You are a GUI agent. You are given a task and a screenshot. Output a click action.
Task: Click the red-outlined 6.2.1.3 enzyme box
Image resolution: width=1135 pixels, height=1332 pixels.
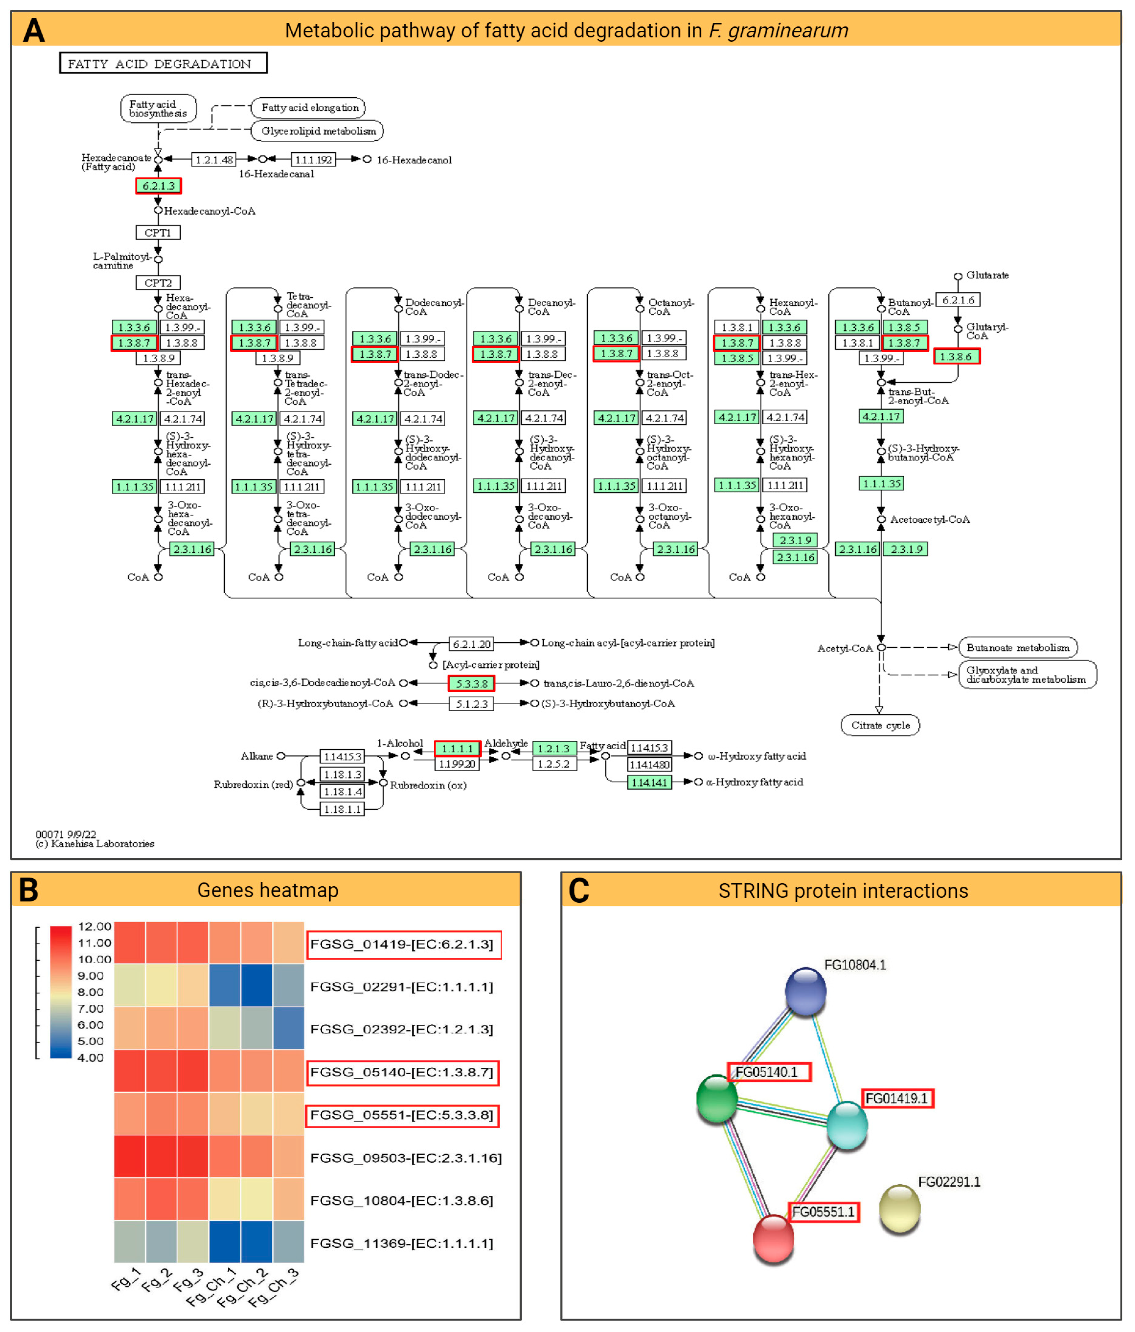coord(158,186)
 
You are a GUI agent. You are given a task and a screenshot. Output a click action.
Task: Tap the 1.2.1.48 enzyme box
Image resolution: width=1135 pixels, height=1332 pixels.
coord(214,160)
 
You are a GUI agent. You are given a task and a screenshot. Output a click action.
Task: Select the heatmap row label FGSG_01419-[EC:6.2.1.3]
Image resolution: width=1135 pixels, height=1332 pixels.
coord(402,944)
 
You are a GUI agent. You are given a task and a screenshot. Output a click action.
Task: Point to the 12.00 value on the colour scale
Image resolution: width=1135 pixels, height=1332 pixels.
coord(95,926)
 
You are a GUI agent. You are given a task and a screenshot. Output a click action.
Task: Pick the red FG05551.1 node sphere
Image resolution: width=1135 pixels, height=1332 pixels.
coord(773,1238)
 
